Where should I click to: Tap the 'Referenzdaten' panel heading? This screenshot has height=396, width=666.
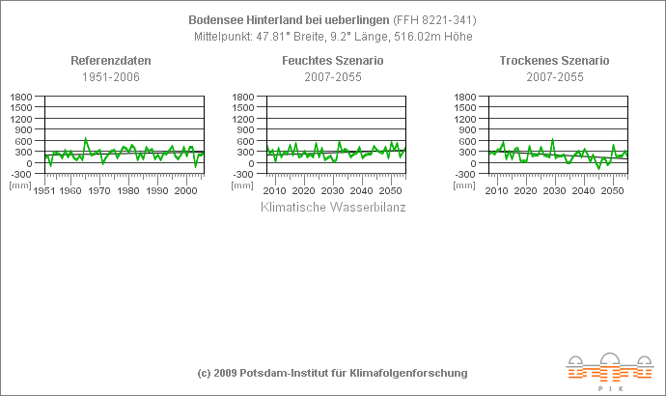111,61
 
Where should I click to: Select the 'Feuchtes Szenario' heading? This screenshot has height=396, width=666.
333,61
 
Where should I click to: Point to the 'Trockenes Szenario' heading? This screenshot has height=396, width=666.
554,61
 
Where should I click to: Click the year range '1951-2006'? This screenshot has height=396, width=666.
111,76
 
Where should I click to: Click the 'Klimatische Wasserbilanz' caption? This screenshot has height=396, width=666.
333,207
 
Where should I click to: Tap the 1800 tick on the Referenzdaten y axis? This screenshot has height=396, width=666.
21,98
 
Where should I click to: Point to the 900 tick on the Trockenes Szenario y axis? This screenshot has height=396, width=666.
467,130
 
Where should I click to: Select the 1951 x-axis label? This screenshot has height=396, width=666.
44,191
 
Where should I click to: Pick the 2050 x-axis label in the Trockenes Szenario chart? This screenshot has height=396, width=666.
611,191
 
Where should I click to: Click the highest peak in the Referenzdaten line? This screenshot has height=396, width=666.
86,138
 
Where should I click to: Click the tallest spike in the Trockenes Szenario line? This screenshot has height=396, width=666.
552,139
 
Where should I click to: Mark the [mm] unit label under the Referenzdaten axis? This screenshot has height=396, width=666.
19,184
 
